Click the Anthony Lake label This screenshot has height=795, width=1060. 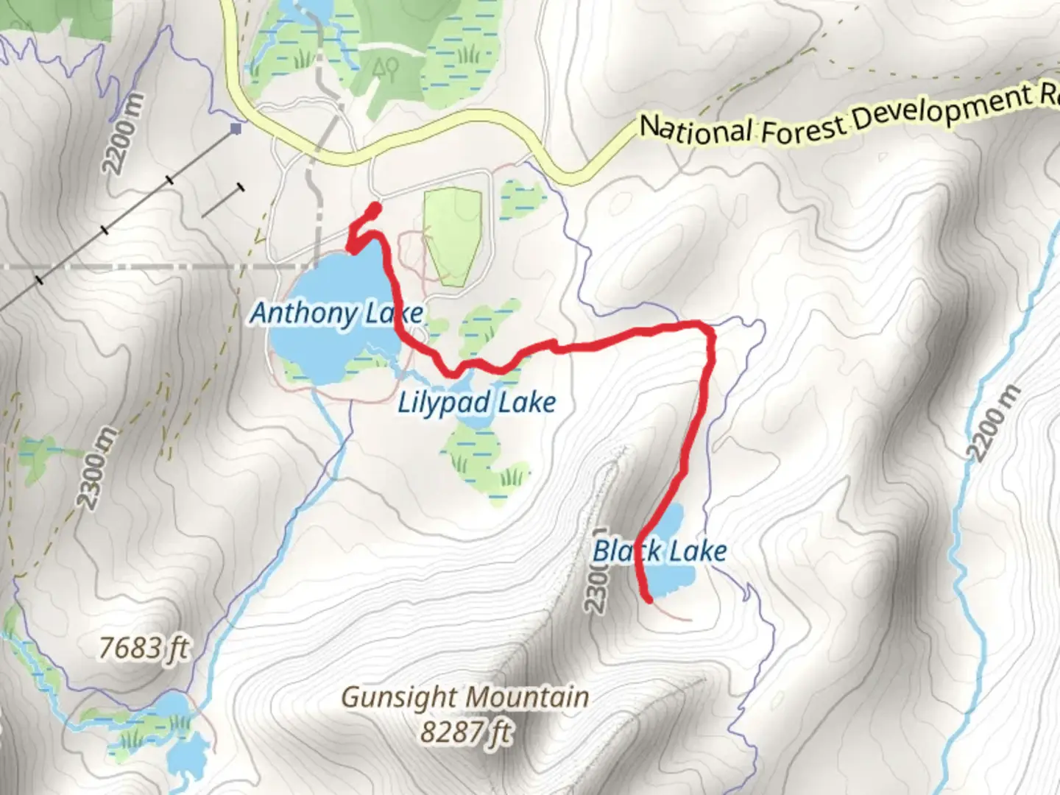336,313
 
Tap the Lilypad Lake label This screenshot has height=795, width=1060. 476,403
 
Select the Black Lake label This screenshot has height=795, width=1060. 660,551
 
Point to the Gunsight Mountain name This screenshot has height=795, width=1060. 465,696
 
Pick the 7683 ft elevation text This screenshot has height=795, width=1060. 144,648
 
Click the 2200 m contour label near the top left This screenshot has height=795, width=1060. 123,134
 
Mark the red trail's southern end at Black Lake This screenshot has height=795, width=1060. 649,599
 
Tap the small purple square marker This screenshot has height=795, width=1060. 236,129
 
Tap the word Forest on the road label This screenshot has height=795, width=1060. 802,127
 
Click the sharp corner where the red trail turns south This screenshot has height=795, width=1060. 710,332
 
